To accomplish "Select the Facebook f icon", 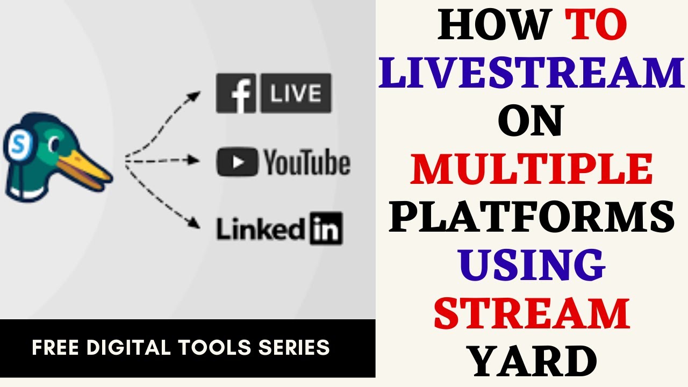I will coord(236,94).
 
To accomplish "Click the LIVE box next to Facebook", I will coord(296,94).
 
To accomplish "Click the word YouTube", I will coord(307,162).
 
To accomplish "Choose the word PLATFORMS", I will coord(532,218).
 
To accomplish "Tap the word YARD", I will coord(532,361).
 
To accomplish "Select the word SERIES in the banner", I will coord(296,348).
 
